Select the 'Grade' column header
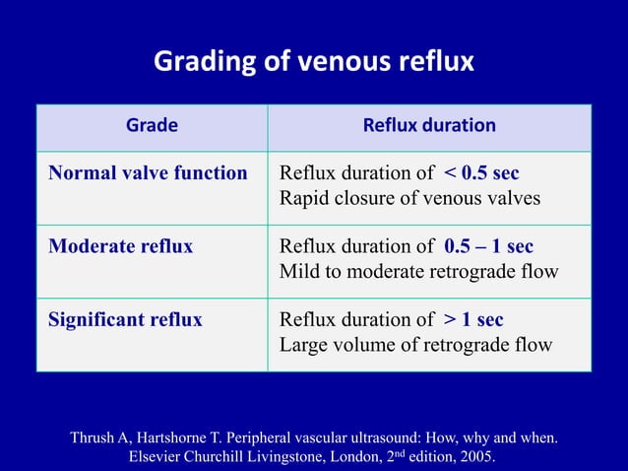click(x=152, y=126)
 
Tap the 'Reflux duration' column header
click(x=429, y=126)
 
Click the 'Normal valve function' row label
click(x=148, y=173)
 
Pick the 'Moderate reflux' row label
click(x=121, y=246)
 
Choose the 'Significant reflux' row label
click(x=126, y=320)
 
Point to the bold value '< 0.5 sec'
click(x=481, y=173)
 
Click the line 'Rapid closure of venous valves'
click(x=409, y=198)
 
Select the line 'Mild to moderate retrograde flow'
click(x=419, y=271)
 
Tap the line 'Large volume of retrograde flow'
click(x=415, y=345)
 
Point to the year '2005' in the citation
click(x=475, y=457)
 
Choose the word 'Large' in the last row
click(x=304, y=345)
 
